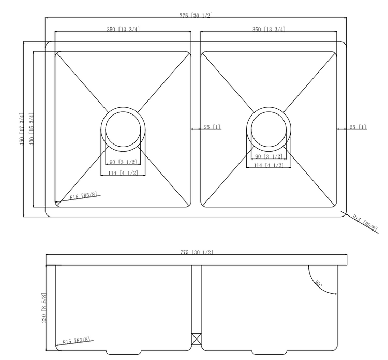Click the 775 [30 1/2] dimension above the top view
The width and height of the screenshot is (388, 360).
click(196, 15)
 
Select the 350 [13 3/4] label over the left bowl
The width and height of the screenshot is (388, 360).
click(123, 29)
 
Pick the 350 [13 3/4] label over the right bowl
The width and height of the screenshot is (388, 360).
click(268, 29)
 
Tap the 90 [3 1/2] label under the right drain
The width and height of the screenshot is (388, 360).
click(268, 156)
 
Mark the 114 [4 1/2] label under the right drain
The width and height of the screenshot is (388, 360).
click(268, 165)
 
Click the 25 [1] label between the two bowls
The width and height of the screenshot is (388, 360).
click(212, 127)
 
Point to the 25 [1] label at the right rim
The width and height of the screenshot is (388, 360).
click(357, 127)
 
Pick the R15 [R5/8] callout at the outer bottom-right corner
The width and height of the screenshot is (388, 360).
click(365, 222)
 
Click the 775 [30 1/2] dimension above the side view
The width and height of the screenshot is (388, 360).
click(196, 252)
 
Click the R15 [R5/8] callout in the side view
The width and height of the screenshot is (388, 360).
click(77, 341)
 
